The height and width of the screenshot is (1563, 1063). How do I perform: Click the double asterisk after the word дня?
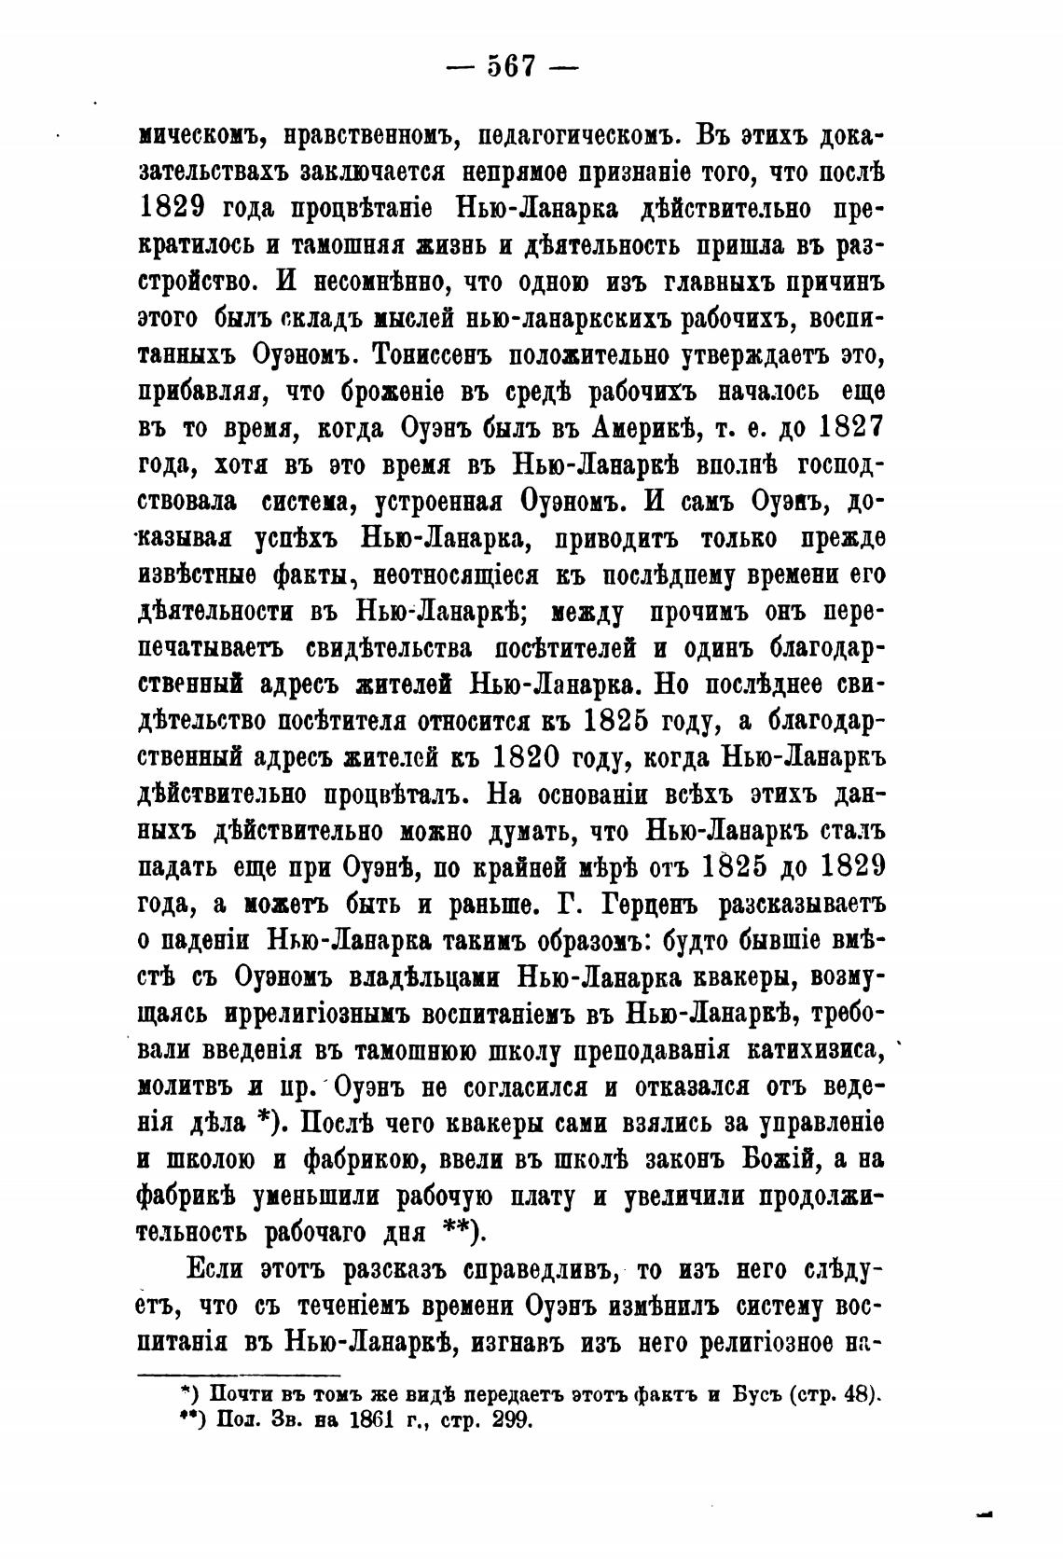460,1231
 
